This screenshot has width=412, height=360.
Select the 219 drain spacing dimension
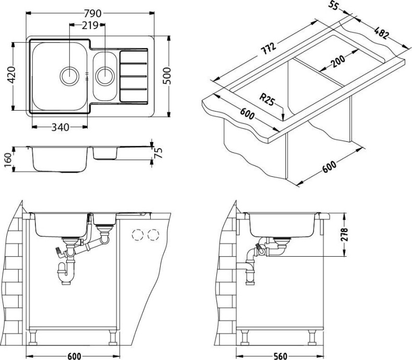[90, 26]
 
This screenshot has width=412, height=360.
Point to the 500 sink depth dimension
[166, 76]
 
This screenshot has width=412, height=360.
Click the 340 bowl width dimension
[60, 127]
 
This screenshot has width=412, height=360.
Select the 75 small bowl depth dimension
[158, 153]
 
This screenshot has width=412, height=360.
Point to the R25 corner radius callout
[266, 98]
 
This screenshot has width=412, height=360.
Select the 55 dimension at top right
[333, 5]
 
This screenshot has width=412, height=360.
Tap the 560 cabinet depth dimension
[280, 356]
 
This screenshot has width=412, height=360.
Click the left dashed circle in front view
[138, 235]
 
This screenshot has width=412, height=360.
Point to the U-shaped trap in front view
[66, 273]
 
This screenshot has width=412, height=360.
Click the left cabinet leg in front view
[33, 337]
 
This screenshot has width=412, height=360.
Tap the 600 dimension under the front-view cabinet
[75, 356]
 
